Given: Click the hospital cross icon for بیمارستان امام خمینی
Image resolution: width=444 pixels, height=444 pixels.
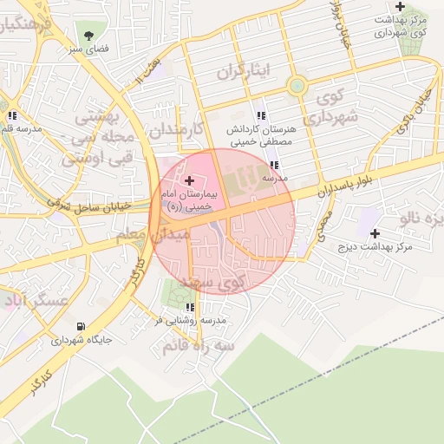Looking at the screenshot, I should coord(190,180).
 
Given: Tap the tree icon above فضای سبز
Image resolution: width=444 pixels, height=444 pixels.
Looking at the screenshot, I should coord(88,36).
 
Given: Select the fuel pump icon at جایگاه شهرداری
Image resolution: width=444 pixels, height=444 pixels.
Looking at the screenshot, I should coord(81,326).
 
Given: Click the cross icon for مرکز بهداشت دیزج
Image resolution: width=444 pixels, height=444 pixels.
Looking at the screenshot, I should coord(375,233).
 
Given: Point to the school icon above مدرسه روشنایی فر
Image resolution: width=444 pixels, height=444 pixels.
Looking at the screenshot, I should coord(190,307).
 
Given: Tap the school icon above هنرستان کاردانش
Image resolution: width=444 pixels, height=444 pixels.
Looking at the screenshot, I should coord(260,115).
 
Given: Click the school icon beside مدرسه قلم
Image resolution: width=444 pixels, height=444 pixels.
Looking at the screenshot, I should coord(12,115).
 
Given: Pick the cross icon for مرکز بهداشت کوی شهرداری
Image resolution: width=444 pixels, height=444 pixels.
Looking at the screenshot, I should coord(400,6).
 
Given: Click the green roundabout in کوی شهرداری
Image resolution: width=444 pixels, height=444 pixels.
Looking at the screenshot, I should coord(297,85).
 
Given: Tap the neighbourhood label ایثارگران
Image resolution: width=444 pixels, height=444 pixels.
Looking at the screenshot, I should coord(244,69).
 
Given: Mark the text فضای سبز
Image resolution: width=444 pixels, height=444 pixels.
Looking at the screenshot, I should coord(89,50).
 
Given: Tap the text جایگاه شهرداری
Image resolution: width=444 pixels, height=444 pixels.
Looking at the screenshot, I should coord(82,341).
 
